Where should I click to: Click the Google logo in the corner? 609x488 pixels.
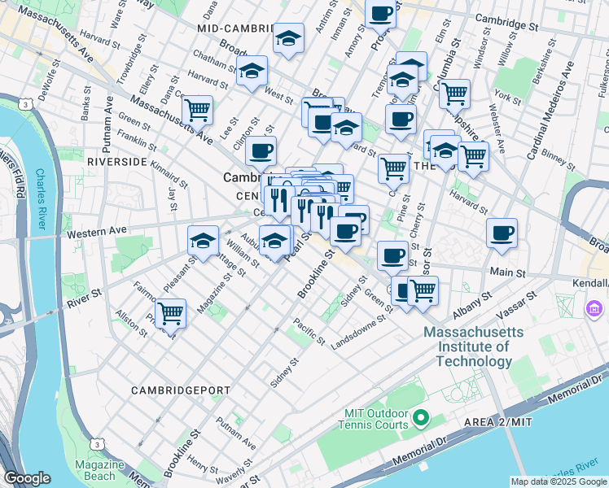tap(27, 478)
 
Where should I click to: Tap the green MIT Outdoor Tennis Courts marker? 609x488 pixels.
tap(420, 418)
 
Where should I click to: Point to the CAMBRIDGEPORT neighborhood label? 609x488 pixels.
tap(181, 390)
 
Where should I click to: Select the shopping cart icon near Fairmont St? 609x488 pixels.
tap(171, 312)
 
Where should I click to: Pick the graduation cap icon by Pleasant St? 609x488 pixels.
tap(203, 239)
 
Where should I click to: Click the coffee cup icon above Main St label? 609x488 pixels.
tap(502, 233)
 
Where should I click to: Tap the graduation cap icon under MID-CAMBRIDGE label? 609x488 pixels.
tap(288, 38)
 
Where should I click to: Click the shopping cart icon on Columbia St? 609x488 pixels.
tap(454, 93)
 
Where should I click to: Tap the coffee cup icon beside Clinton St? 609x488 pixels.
tap(261, 150)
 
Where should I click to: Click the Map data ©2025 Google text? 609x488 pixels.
tap(559, 481)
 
